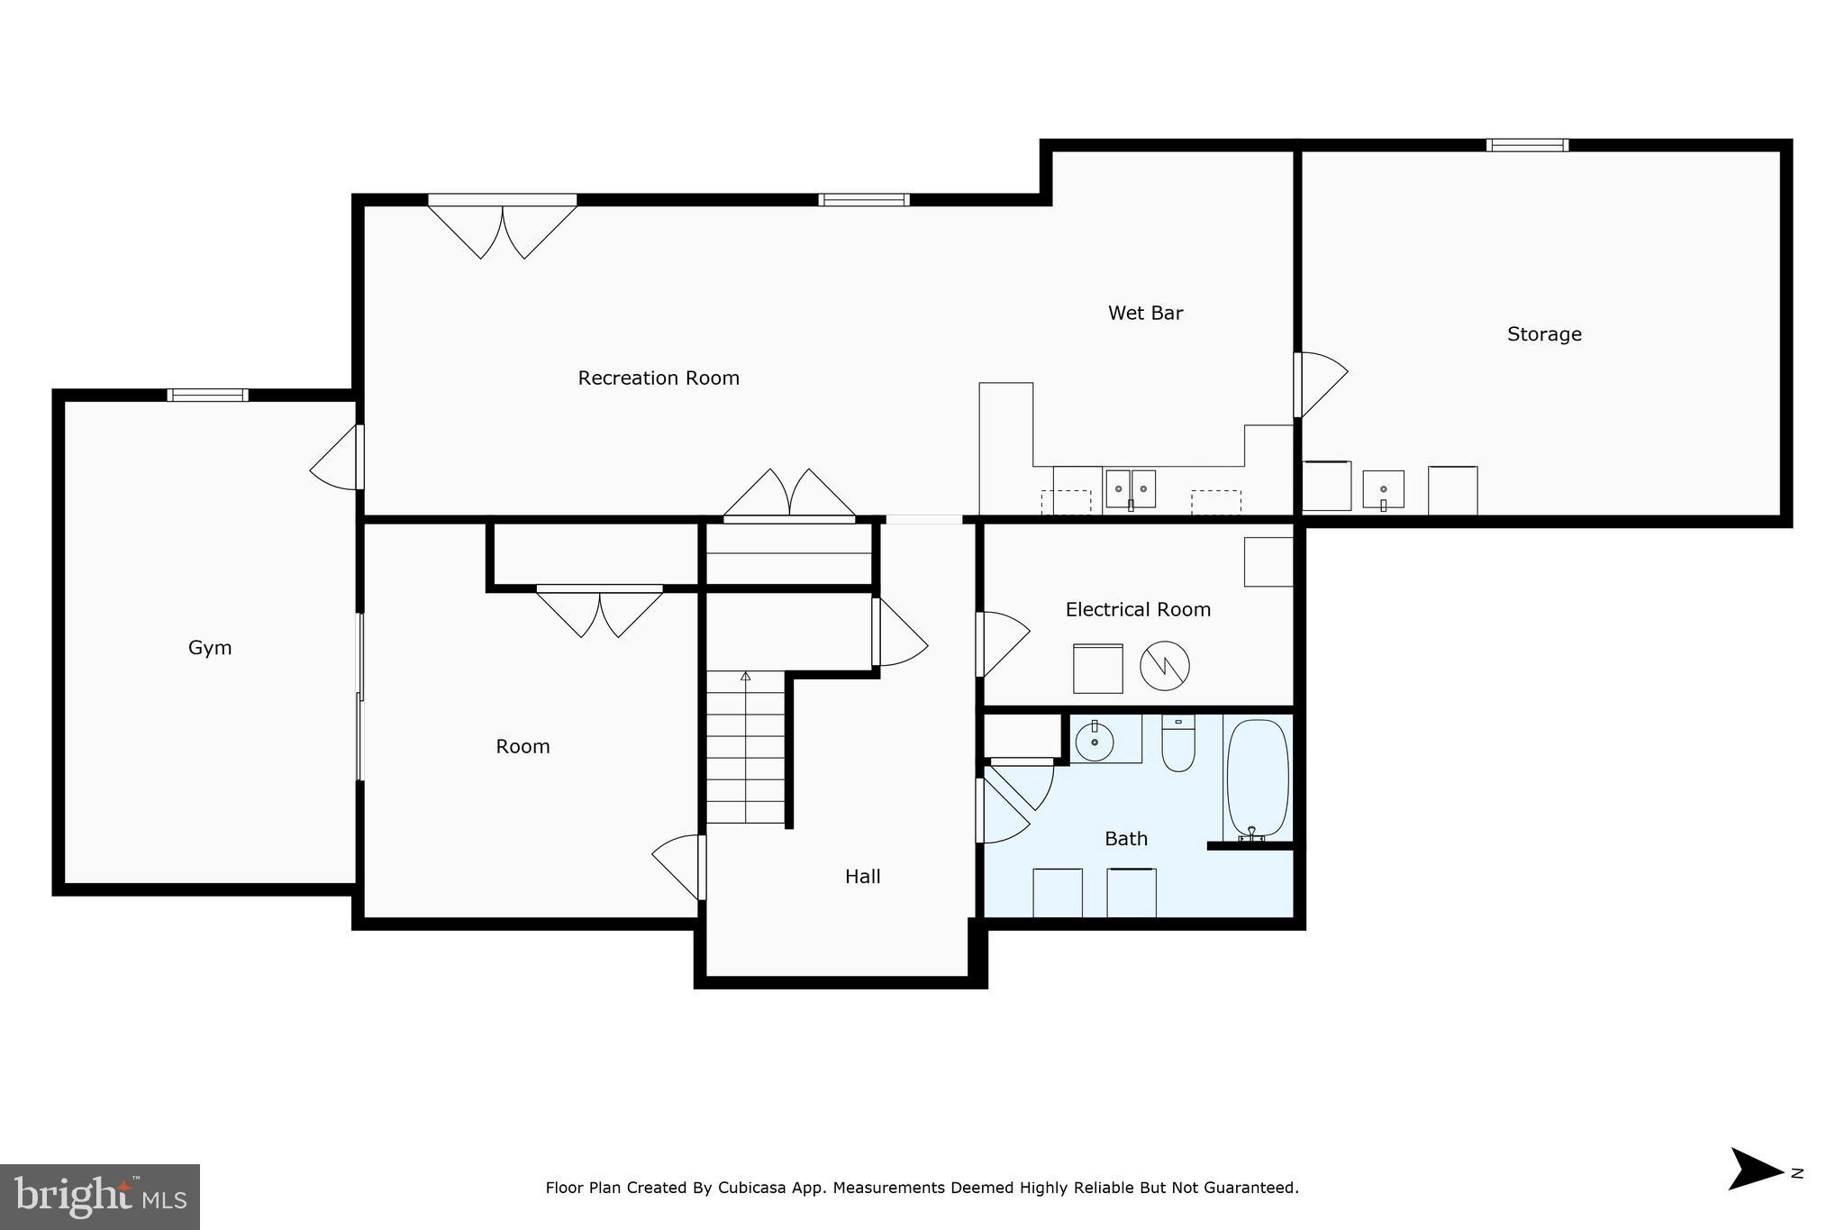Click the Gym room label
[x=210, y=648]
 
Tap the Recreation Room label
[x=659, y=378]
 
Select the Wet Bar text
[x=1145, y=314]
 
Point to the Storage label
[x=1544, y=334]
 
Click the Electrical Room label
[x=1138, y=610]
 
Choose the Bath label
[x=1126, y=839]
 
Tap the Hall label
[x=862, y=877]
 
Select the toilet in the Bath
[x=1177, y=744]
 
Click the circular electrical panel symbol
[x=1165, y=666]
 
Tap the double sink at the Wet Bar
[x=1131, y=488]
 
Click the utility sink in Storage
[x=1383, y=489]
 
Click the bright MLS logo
[x=100, y=1197]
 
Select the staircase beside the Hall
[x=745, y=748]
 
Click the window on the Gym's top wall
[x=207, y=395]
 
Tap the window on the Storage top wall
[x=1527, y=145]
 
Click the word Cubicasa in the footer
[x=748, y=1189]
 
